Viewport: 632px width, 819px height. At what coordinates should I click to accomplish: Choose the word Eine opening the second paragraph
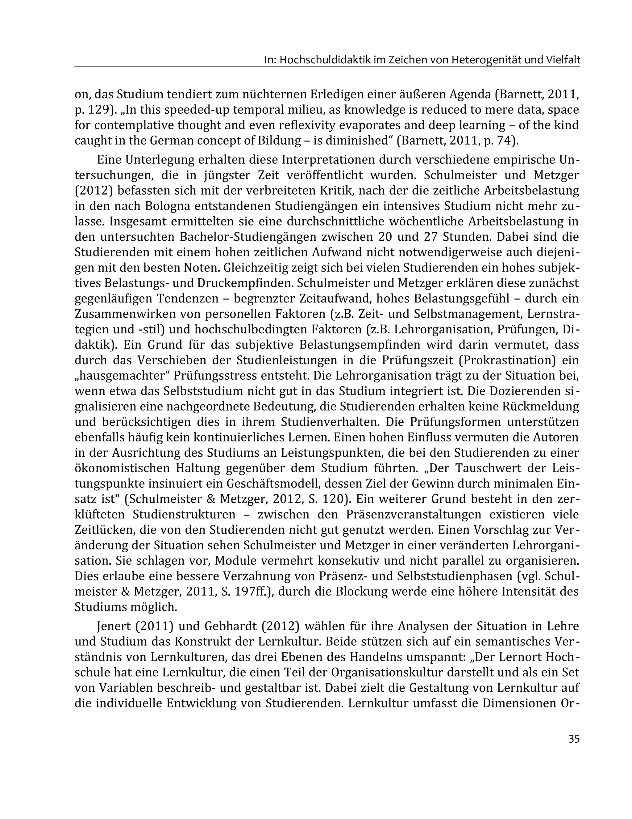(x=109, y=160)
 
